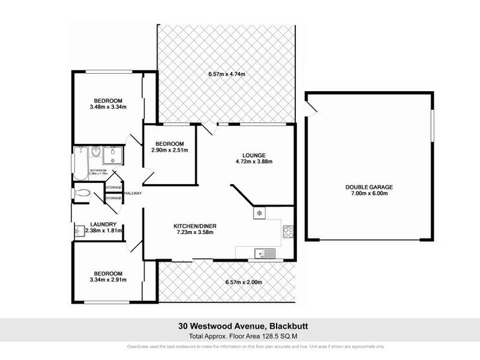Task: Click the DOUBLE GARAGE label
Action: click(369, 187)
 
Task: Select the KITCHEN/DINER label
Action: click(195, 226)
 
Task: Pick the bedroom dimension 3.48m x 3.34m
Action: click(108, 108)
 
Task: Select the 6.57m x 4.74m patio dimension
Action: click(227, 74)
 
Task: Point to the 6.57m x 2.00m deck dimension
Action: click(243, 282)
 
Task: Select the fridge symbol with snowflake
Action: click(259, 213)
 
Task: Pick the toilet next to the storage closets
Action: click(83, 193)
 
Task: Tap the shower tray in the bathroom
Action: click(112, 155)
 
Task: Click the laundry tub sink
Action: click(80, 230)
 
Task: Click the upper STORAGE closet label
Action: click(113, 187)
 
